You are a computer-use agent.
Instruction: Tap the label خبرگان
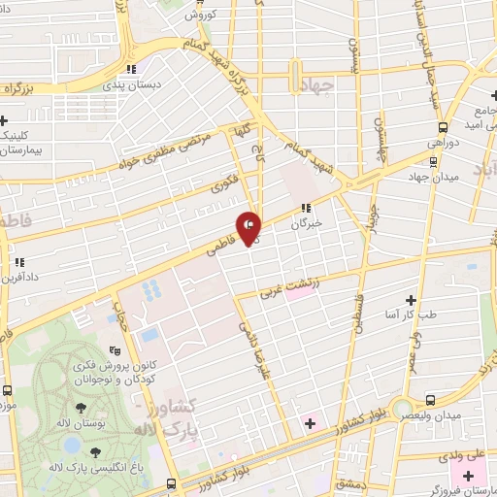click(307, 223)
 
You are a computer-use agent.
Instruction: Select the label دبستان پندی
click(130, 84)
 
